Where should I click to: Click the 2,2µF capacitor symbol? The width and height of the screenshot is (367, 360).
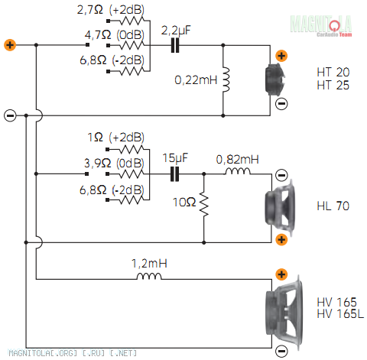click(x=175, y=45)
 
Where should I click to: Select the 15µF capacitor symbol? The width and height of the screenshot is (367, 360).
click(x=174, y=174)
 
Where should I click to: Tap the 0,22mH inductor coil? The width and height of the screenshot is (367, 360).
click(x=226, y=79)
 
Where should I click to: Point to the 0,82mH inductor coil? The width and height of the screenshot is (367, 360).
click(x=238, y=171)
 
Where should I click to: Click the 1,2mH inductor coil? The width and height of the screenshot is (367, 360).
click(x=149, y=276)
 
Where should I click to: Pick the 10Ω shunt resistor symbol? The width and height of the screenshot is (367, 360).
click(x=204, y=204)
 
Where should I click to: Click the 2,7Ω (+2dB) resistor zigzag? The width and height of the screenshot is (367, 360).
click(x=132, y=21)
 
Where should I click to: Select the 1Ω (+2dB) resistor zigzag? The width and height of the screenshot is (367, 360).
click(x=132, y=149)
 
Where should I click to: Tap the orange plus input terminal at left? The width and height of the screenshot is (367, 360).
click(x=10, y=45)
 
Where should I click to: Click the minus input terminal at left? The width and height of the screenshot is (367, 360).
click(x=10, y=115)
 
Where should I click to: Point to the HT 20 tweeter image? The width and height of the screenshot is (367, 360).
click(x=274, y=79)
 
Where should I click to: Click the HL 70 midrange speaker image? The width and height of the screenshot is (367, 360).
click(x=281, y=207)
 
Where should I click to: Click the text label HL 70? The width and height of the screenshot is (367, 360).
click(x=333, y=206)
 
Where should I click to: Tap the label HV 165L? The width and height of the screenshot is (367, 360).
click(x=340, y=313)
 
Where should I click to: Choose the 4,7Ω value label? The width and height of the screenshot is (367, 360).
click(x=98, y=34)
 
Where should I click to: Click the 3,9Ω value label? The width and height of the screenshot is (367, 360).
click(x=98, y=163)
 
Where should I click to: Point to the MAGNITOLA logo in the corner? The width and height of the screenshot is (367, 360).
click(x=321, y=26)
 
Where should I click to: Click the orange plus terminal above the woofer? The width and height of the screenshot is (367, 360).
click(x=281, y=274)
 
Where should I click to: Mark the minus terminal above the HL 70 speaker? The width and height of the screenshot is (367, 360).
click(x=281, y=175)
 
